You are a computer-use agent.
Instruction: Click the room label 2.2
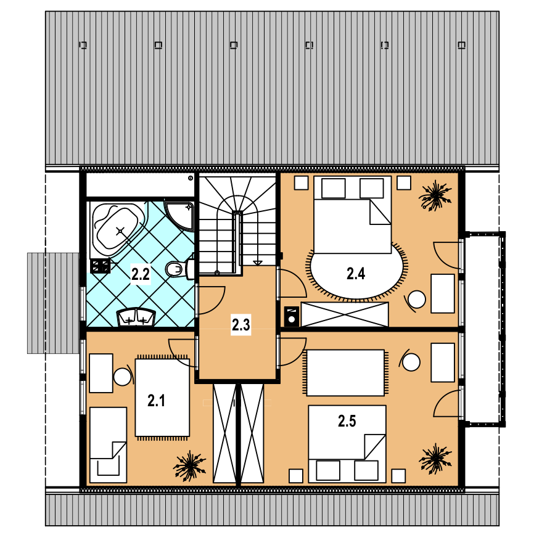coord(140,274)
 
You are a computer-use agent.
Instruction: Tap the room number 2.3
coord(240,324)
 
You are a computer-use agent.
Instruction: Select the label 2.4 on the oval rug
coord(355,274)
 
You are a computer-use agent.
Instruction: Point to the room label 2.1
coord(156,401)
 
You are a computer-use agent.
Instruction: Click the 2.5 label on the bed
coord(347,421)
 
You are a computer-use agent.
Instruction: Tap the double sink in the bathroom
coord(136,317)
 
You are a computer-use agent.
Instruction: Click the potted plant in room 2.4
coord(435,196)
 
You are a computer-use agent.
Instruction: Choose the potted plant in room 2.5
coord(435,459)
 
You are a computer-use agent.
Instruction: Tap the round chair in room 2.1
coord(123,377)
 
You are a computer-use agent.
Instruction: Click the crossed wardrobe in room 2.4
coord(344,314)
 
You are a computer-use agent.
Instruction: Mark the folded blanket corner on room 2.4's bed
coord(380,212)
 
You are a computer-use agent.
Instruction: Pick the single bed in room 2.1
coord(109,445)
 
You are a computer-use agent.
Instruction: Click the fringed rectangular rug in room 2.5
coord(345,372)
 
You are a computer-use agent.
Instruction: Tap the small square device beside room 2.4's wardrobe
coord(292,316)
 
